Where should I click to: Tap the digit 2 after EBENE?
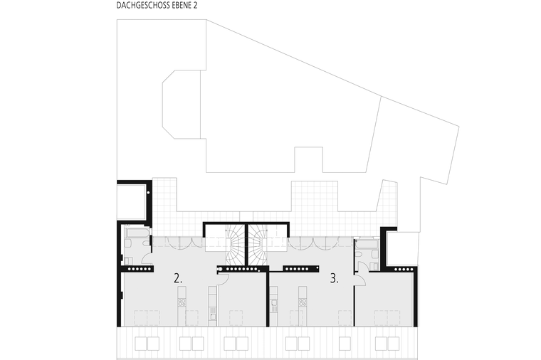[195, 6]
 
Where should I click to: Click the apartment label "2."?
[178, 278]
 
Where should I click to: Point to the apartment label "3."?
[334, 278]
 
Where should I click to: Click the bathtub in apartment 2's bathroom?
[137, 233]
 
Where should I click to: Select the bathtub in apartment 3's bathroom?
[367, 244]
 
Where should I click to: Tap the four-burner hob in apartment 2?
[182, 302]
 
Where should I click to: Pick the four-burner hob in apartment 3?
[303, 302]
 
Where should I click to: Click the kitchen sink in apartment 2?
[213, 317]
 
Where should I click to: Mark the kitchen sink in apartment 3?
[274, 304]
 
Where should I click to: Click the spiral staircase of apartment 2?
[235, 245]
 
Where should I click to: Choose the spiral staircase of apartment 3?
[258, 245]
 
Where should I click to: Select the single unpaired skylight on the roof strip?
[345, 344]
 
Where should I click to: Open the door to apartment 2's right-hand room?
[224, 279]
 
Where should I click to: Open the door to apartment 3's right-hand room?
[361, 280]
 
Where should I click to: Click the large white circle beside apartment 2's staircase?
[220, 269]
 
